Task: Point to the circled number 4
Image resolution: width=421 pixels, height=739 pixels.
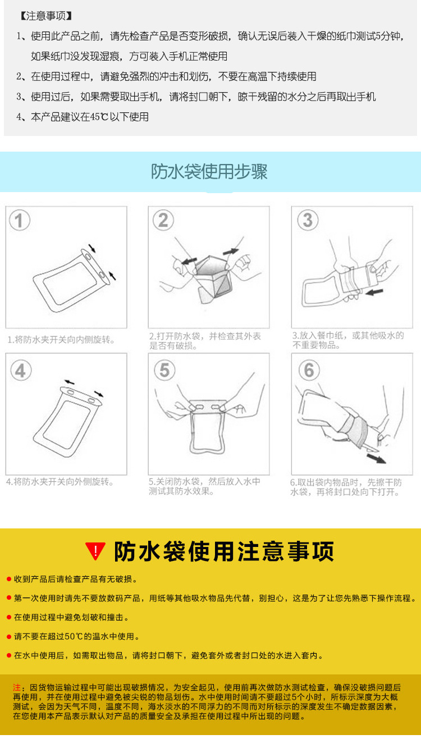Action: [x=20, y=370]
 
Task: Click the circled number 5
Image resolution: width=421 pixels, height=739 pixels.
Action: [x=164, y=370]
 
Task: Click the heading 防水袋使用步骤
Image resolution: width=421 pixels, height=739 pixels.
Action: [x=209, y=172]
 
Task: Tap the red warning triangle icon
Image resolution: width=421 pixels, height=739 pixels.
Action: [x=95, y=551]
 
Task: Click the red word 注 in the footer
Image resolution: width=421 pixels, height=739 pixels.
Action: [x=16, y=687]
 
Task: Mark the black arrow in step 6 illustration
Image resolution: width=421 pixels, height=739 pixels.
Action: [x=376, y=458]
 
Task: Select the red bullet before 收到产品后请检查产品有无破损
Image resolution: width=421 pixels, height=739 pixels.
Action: [x=8, y=580]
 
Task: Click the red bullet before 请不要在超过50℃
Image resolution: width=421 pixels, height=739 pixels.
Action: [x=8, y=637]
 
